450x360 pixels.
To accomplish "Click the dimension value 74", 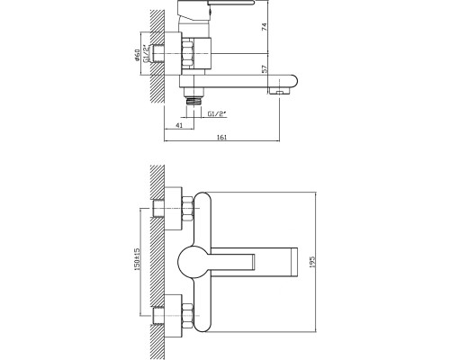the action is pyautogui.click(x=265, y=27).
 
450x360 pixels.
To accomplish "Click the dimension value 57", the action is pyautogui.click(x=265, y=69).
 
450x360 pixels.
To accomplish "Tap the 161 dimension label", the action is pyautogui.click(x=221, y=137).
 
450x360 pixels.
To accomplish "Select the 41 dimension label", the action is pyautogui.click(x=179, y=125).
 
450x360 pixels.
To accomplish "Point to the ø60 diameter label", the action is pyautogui.click(x=137, y=55).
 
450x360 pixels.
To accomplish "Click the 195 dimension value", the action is pyautogui.click(x=311, y=262).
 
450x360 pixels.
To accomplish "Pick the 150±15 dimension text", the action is pyautogui.click(x=137, y=258).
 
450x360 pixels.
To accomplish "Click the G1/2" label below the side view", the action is pyautogui.click(x=217, y=113).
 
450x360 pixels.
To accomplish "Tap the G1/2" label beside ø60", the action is pyautogui.click(x=146, y=53).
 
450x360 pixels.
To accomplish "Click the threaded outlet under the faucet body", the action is pyautogui.click(x=193, y=100).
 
